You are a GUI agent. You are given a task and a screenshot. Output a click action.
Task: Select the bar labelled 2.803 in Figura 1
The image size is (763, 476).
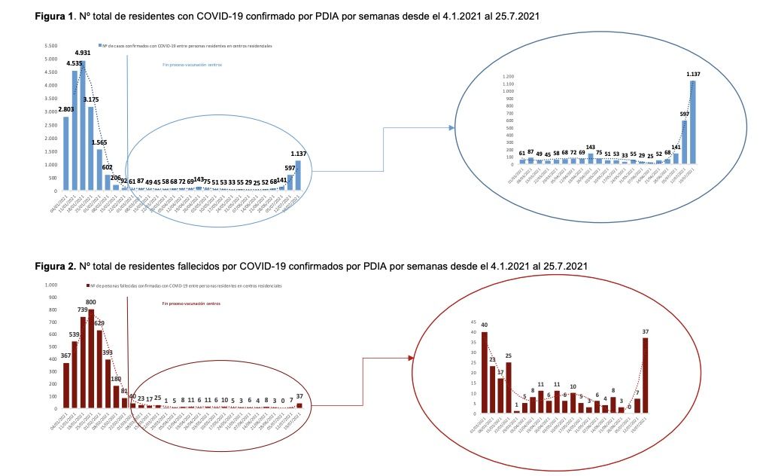(x=66, y=154)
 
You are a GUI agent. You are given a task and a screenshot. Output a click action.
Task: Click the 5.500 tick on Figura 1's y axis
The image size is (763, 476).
(x=49, y=45)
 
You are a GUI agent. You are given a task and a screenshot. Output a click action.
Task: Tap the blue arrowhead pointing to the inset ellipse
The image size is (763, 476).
(x=451, y=128)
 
